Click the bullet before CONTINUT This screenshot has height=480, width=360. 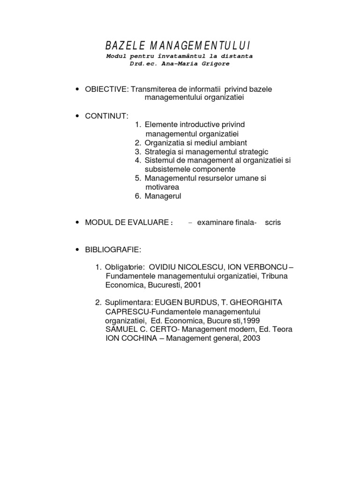pyautogui.click(x=76, y=116)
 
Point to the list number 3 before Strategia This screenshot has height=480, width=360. pyautogui.click(x=137, y=151)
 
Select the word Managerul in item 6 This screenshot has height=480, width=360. pyautogui.click(x=163, y=196)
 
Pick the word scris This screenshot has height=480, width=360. pyautogui.click(x=272, y=223)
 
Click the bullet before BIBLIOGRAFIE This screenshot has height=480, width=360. pyautogui.click(x=76, y=250)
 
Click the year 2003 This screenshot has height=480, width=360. pyautogui.click(x=251, y=338)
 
